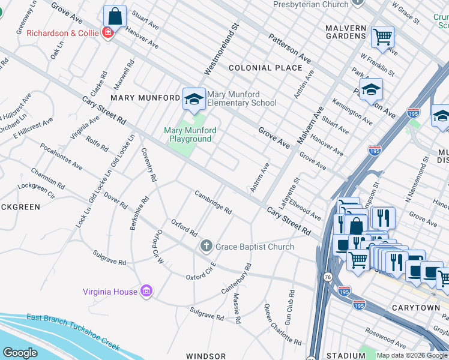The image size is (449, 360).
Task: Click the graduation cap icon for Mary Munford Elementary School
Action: (x=193, y=98)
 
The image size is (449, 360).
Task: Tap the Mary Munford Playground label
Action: (x=188, y=134)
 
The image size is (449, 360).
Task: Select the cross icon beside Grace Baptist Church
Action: (x=206, y=246)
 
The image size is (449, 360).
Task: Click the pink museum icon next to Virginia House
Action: (x=146, y=292)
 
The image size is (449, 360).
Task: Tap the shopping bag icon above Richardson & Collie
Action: (x=115, y=16)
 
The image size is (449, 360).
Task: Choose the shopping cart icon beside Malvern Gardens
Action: (x=382, y=37)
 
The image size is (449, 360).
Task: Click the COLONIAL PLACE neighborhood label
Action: (x=265, y=68)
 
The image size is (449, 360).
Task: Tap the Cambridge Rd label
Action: (x=212, y=202)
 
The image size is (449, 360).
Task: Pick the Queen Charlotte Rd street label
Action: (x=283, y=324)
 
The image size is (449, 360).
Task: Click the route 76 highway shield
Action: (x=327, y=277)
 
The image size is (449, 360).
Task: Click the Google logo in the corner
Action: (x=20, y=352)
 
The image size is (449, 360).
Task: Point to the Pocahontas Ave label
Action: (x=61, y=156)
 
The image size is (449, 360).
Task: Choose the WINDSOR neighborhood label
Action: (x=205, y=356)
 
